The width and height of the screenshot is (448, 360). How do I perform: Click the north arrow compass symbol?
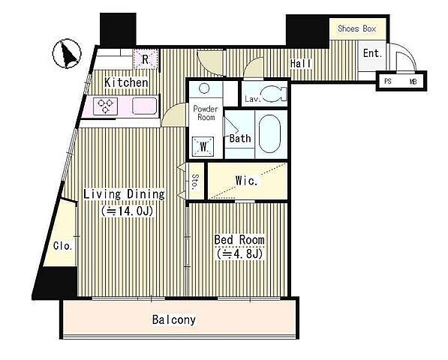[67, 54]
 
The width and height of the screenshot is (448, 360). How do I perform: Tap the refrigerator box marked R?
[145, 59]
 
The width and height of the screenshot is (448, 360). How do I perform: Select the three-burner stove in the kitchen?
[105, 106]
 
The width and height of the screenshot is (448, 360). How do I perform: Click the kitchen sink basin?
[145, 106]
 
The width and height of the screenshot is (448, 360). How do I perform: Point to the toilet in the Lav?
[275, 94]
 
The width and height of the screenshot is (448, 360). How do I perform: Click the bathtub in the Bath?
[269, 134]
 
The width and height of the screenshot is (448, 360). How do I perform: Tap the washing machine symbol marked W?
[203, 147]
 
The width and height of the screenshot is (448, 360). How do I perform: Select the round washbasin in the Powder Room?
[203, 88]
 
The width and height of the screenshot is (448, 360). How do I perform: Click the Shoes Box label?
[356, 28]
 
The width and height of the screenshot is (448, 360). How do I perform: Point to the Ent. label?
[372, 53]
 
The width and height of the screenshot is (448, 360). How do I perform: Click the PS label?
[387, 81]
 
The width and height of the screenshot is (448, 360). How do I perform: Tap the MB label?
[413, 82]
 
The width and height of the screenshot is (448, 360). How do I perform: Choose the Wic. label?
[247, 181]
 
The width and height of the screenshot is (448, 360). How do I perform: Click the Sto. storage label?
[195, 181]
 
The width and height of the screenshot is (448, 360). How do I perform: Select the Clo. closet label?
[63, 246]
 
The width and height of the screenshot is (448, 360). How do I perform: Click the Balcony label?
[174, 319]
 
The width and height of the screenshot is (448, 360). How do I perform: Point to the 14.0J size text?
[127, 211]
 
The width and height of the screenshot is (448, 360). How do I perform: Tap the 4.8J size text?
[239, 253]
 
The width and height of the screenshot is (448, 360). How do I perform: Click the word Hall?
[301, 64]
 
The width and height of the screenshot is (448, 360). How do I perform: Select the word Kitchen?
[126, 82]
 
